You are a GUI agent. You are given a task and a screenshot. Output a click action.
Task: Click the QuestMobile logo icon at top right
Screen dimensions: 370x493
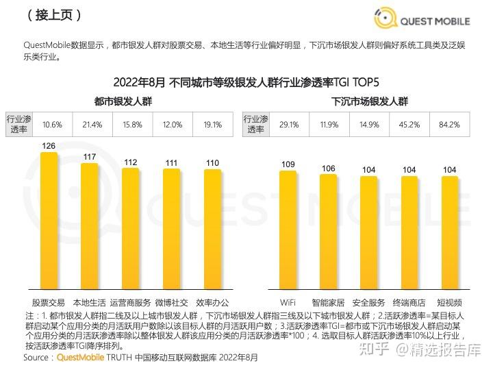tap(386, 18)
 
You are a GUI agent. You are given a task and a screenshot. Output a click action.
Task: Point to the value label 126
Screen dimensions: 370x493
tap(49, 146)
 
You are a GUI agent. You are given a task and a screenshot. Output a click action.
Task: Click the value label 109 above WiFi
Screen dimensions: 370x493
tap(288, 164)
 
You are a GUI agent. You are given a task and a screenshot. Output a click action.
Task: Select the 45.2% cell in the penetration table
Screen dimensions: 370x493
tap(409, 125)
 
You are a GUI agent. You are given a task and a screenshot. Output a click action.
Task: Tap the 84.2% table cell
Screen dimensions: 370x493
tap(450, 125)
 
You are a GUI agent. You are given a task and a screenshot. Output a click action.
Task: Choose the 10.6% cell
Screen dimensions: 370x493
tap(52, 125)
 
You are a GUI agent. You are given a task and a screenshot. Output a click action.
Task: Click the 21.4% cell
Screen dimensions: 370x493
tap(92, 125)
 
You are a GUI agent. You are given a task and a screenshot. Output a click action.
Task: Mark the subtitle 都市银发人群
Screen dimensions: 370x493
tap(124, 101)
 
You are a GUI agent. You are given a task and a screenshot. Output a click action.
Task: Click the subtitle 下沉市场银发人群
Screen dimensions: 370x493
tap(370, 101)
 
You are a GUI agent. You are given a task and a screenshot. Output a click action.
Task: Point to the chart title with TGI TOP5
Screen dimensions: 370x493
tap(246, 82)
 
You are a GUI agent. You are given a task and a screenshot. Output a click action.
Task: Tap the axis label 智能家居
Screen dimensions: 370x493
tap(329, 302)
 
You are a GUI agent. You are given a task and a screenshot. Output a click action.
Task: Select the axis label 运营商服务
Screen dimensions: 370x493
tap(130, 302)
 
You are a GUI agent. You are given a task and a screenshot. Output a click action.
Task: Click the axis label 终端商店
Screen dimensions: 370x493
tap(409, 302)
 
